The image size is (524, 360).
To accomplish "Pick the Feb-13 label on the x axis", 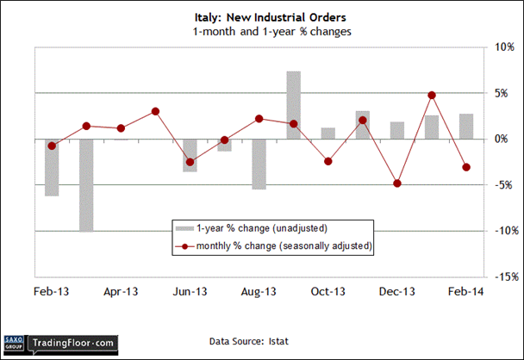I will pos(51,291).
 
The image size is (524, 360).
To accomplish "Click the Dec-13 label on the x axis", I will pos(396,291).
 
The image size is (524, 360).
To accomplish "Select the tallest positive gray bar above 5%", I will pos(293,104).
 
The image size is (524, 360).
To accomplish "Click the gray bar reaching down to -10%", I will pos(86,184).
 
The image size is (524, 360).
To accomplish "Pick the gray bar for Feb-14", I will pos(465,126).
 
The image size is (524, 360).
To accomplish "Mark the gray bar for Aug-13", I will pos(259,164).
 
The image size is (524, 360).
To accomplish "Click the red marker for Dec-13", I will pos(396,183).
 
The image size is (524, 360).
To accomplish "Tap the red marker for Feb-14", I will pos(465,167).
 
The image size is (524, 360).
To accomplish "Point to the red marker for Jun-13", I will pos(190,162).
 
